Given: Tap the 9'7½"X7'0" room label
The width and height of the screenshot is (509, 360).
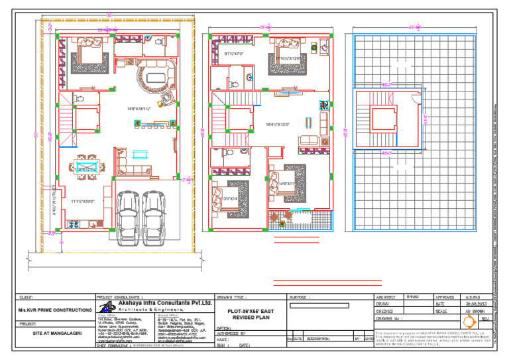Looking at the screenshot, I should pos(235,54).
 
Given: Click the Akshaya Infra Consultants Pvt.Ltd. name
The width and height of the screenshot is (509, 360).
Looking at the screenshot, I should pos(165,302).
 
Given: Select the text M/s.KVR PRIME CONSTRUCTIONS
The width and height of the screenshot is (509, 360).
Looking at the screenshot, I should pos(55,310).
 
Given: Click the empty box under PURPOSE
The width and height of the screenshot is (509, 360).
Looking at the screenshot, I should pos(327,316).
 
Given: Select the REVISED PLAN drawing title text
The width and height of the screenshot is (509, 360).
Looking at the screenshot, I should pos(248,318).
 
